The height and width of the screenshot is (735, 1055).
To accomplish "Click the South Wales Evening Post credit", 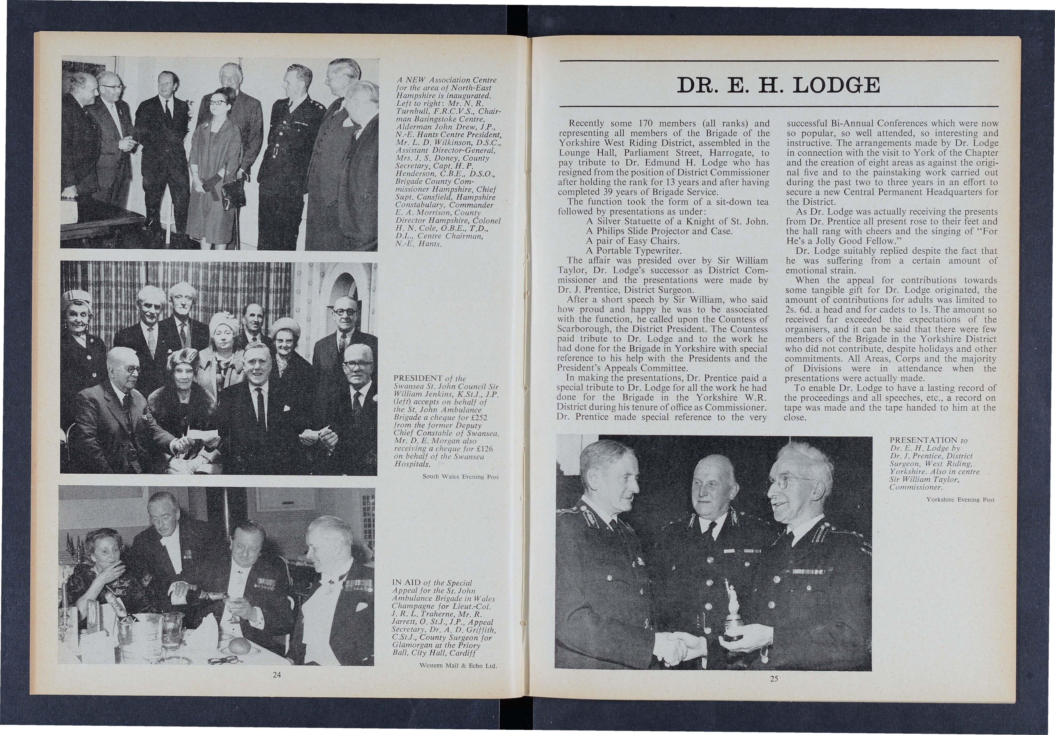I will (x=460, y=477).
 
